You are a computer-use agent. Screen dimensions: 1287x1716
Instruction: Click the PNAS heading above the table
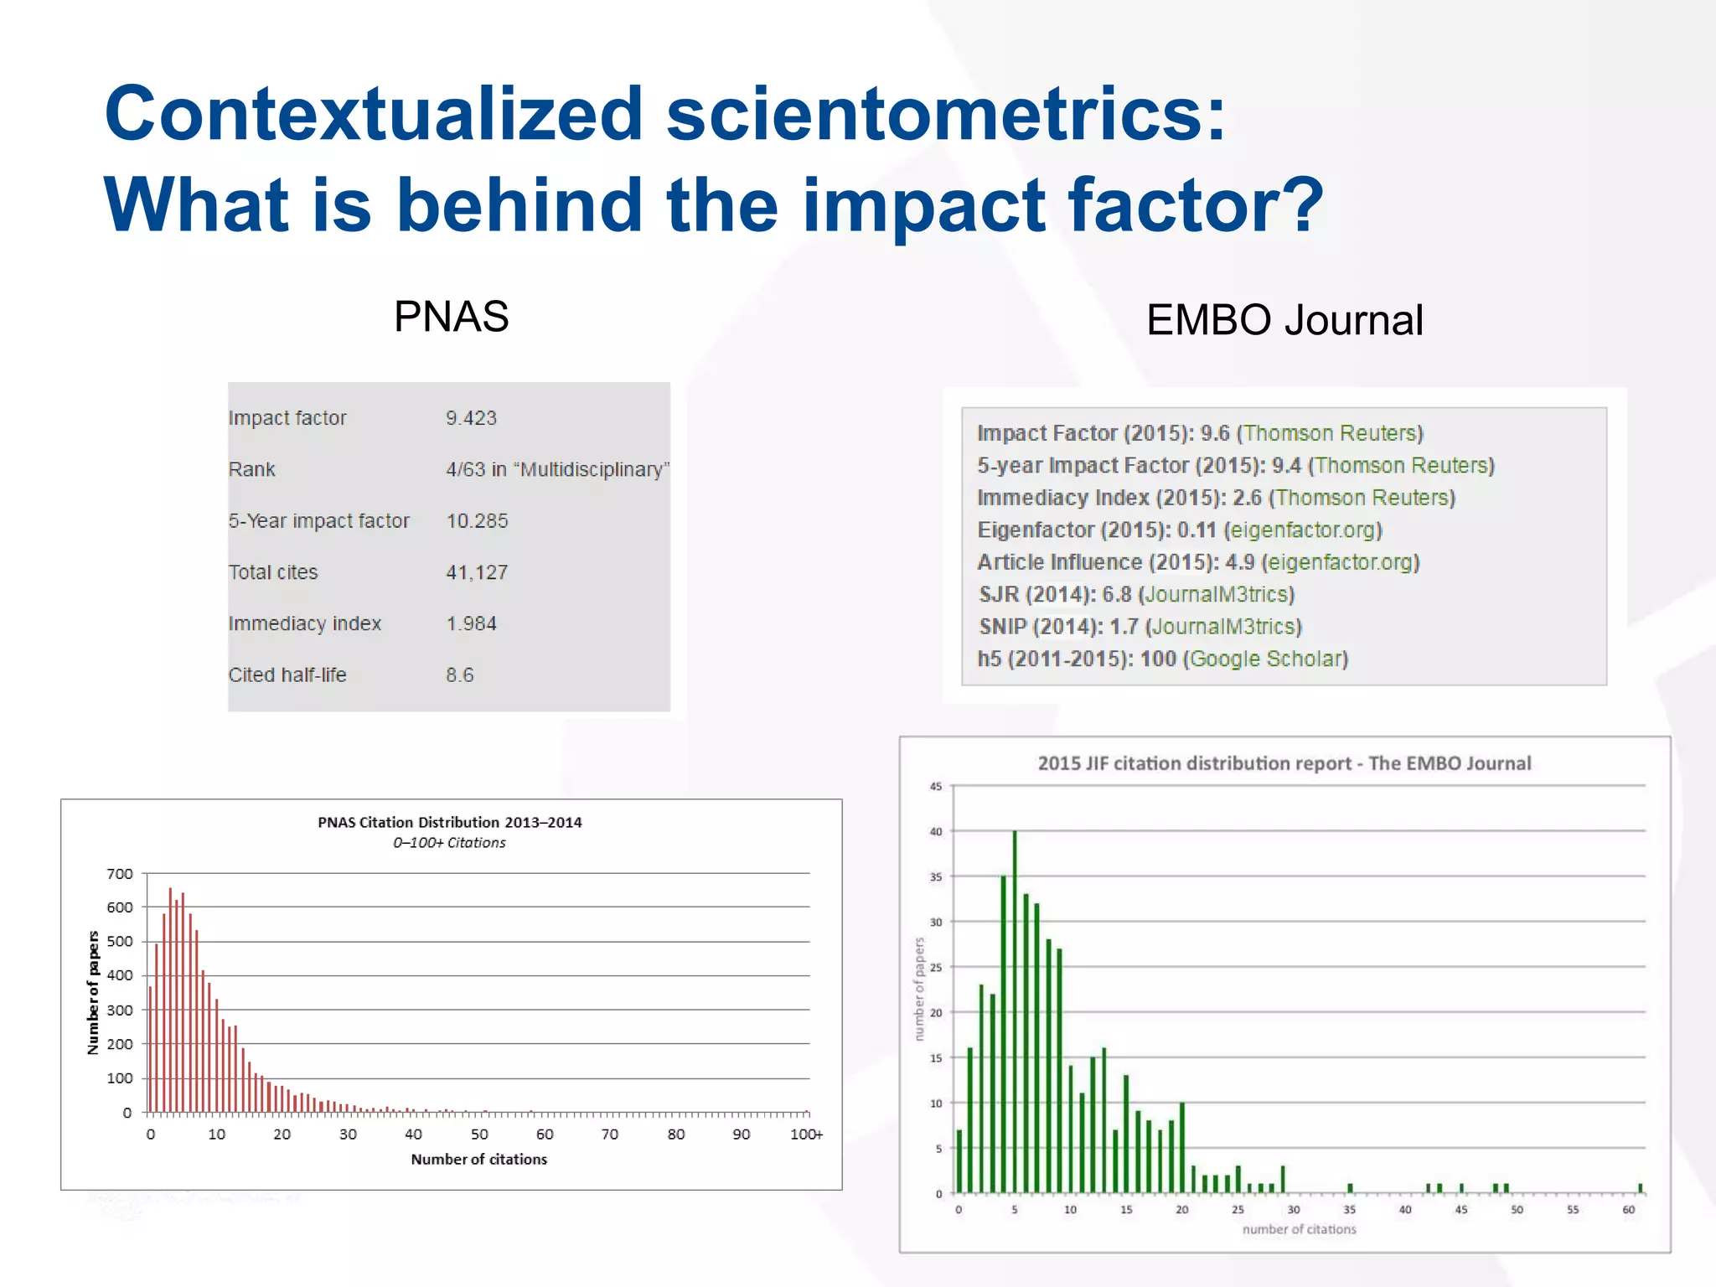pos(451,317)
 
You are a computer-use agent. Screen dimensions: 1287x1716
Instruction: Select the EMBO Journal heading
pos(1284,320)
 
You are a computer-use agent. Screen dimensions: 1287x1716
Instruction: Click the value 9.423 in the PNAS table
pos(471,418)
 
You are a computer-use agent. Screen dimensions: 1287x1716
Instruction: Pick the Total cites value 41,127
pos(477,572)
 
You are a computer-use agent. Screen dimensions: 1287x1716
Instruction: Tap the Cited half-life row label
pos(287,675)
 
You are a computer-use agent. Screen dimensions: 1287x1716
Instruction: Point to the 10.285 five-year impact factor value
pos(477,521)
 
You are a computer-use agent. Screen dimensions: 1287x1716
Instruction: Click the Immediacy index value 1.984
pos(471,623)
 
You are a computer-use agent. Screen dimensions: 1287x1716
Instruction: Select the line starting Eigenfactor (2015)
pos(1179,530)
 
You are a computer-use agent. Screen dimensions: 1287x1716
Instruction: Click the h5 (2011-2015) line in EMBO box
pos(1162,659)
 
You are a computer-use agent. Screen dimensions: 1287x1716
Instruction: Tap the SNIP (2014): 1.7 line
pos(1140,627)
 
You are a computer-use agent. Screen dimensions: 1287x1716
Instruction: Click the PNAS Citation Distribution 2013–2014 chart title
pos(449,822)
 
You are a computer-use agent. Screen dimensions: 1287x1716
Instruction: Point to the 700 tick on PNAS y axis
pos(120,874)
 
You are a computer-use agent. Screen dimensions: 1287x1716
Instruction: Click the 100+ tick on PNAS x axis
pos(806,1135)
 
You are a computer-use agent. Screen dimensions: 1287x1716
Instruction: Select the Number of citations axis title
pos(478,1160)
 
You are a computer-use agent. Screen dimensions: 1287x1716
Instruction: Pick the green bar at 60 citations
pos(1640,1188)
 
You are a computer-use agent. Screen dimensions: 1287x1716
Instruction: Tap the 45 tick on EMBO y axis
pos(935,787)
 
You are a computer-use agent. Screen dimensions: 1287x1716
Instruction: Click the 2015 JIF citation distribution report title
pos(1284,763)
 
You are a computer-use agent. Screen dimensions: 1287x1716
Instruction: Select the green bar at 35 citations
pos(1350,1188)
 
